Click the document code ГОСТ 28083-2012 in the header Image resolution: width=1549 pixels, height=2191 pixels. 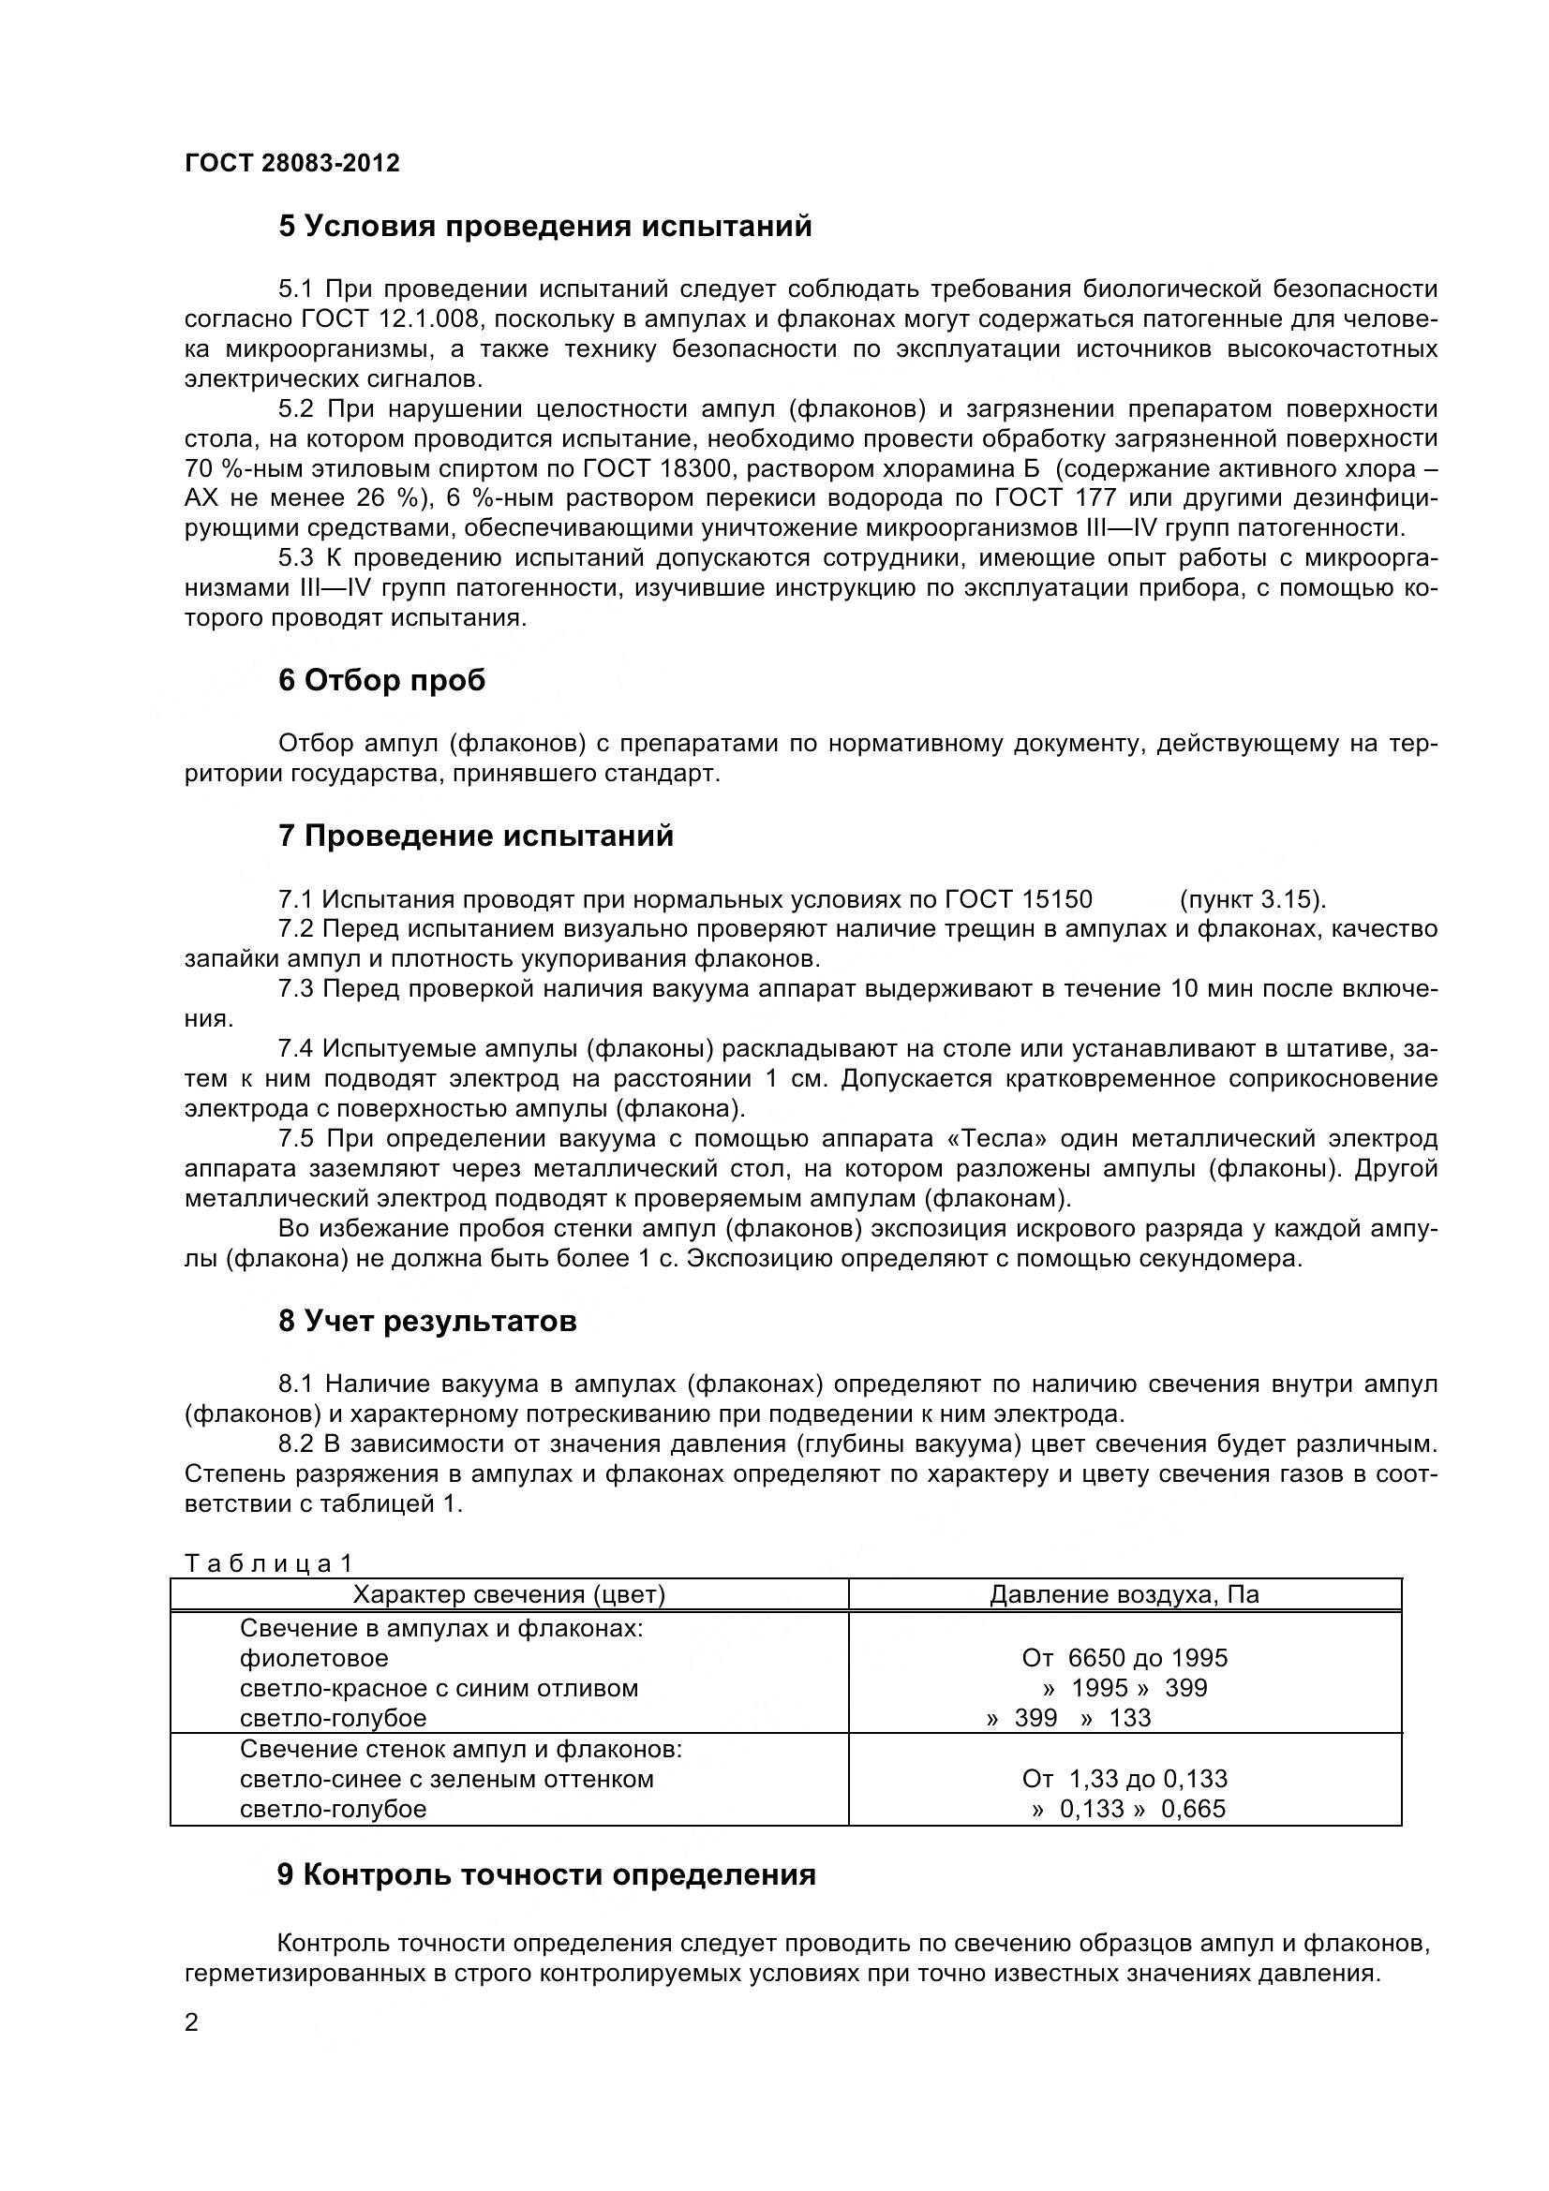pos(292,163)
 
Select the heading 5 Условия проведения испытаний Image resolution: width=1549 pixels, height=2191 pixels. pos(545,227)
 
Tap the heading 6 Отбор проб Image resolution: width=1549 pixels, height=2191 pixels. pos(381,680)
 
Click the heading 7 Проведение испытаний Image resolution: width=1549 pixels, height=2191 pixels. pos(475,836)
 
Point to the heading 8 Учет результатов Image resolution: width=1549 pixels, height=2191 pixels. pos(427,1322)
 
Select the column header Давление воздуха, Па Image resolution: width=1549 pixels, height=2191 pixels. pos(1125,1594)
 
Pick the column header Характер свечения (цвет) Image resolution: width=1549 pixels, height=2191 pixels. pos(509,1594)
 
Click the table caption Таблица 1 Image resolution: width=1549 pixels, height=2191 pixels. pos(268,1563)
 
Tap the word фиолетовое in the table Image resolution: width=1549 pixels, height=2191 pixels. pos(314,1659)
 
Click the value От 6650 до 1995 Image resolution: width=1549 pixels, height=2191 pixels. pos(1125,1659)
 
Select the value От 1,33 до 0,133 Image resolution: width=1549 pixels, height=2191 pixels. pos(1125,1779)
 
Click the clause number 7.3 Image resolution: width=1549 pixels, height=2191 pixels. pos(296,988)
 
